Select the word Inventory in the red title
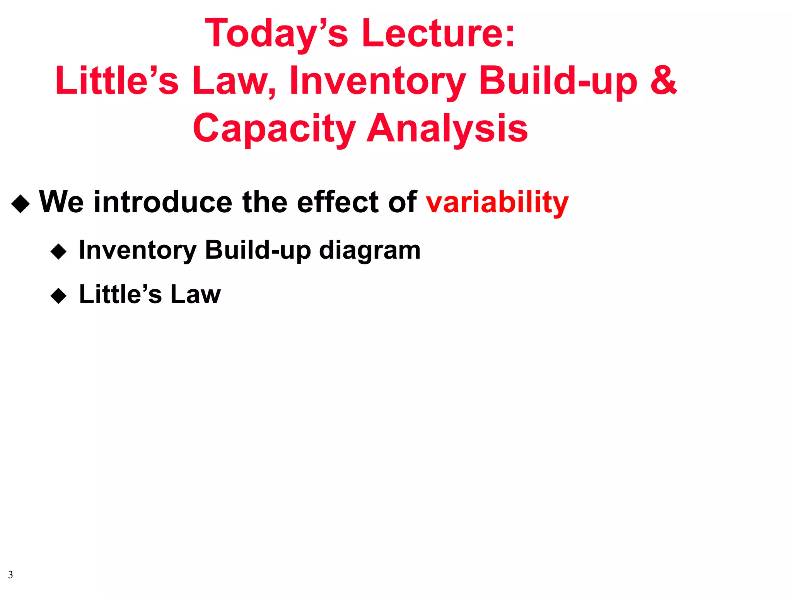[377, 81]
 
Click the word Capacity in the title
[274, 129]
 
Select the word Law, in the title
[234, 81]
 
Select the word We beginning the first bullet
[61, 202]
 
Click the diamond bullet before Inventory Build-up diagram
[59, 252]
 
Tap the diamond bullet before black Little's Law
[59, 296]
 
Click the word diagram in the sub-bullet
[369, 251]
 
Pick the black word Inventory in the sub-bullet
[137, 251]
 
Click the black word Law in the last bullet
[195, 295]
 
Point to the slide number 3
[10, 575]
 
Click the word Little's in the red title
[117, 81]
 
